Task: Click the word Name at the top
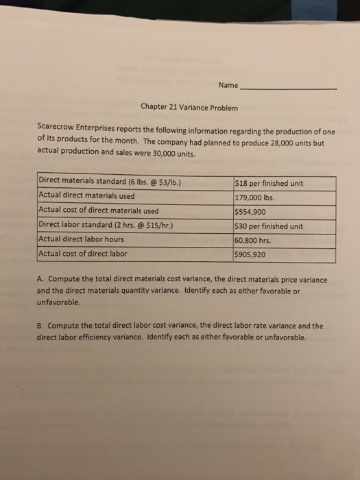point(228,86)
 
